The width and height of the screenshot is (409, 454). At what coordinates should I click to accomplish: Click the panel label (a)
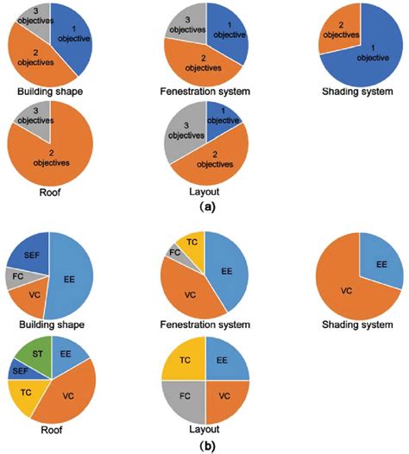[205, 206]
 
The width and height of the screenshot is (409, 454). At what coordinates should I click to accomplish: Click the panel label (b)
[205, 445]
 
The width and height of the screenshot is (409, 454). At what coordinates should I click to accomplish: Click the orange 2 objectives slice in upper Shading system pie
[329, 33]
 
